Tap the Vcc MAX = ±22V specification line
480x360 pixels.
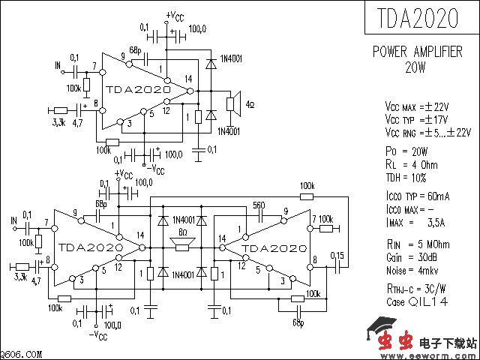[417, 106]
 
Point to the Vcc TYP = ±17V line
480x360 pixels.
[417, 119]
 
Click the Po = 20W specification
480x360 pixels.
[405, 151]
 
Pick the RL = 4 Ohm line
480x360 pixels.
[411, 164]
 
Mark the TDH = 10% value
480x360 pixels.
[406, 178]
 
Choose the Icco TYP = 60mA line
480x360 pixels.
[417, 196]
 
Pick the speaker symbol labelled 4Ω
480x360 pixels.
[235, 103]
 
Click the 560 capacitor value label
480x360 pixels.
[259, 205]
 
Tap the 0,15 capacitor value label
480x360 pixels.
[337, 256]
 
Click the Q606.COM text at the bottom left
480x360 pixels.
[20, 354]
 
